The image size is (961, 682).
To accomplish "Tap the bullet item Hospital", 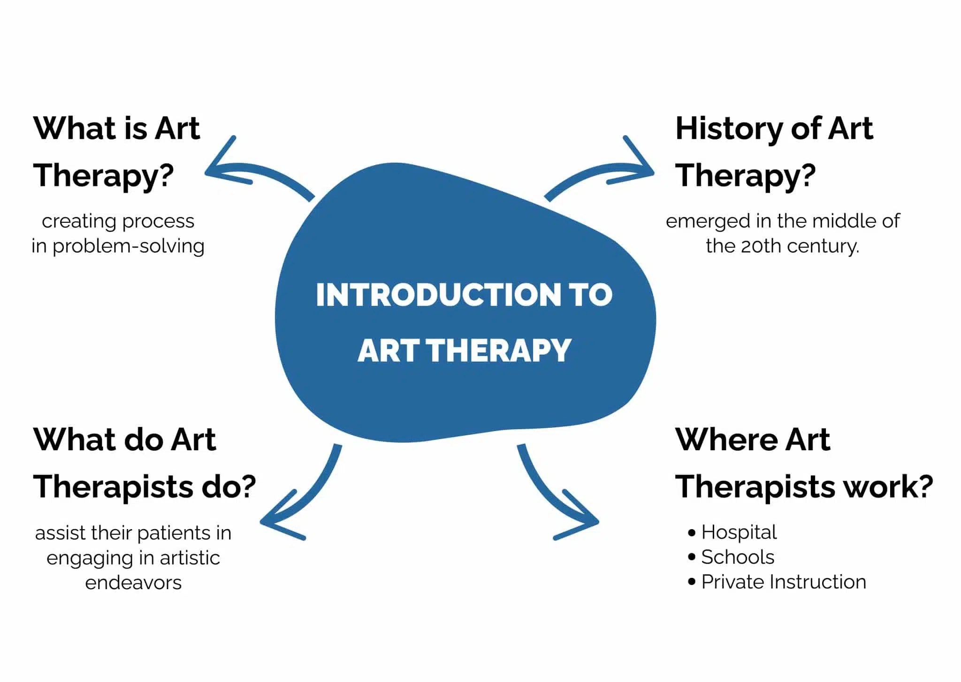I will click(739, 532).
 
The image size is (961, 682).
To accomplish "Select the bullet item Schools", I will click(737, 557).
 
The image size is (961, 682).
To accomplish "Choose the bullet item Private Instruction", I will click(783, 582).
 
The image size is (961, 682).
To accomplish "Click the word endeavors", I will click(133, 583).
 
